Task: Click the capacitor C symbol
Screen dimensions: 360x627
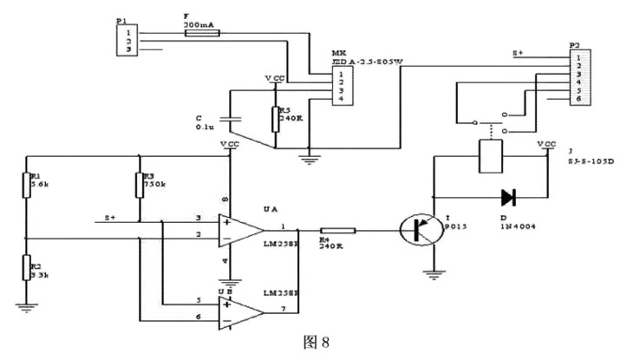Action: click(x=228, y=117)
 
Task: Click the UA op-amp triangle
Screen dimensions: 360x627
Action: click(x=242, y=230)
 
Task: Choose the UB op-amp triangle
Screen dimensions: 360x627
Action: click(x=242, y=311)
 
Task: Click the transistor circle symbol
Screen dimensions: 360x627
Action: click(x=421, y=231)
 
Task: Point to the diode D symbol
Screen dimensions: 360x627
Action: click(x=510, y=197)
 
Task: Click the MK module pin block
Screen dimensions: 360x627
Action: click(x=344, y=86)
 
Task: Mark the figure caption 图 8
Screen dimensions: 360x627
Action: click(x=314, y=344)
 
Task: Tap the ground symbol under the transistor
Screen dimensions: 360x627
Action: click(x=431, y=276)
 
